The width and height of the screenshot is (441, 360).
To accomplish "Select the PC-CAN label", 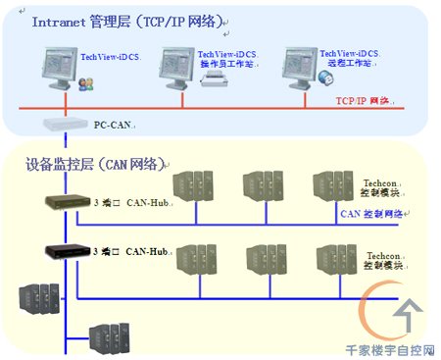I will (x=113, y=125).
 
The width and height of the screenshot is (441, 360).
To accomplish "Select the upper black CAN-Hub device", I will (x=65, y=202).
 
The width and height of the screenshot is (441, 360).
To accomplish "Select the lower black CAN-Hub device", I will (x=65, y=249).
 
